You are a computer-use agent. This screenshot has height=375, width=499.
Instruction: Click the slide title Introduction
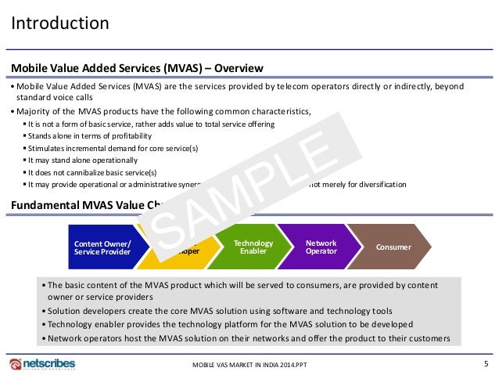coord(59,23)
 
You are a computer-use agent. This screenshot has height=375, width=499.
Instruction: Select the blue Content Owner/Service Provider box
coord(102,247)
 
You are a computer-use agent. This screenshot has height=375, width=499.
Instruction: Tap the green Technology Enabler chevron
coord(253,247)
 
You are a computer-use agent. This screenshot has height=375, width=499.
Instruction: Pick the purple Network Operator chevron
coord(321,247)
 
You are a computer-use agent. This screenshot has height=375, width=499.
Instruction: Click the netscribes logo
coord(42,365)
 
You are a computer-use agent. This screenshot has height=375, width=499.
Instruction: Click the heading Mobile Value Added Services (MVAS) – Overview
coord(136,67)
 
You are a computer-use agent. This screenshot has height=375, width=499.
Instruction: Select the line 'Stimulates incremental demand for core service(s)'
coord(112,148)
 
